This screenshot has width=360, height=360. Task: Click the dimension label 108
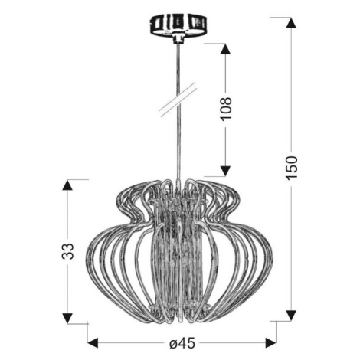coord(226,108)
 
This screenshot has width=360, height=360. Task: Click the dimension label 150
coord(292,168)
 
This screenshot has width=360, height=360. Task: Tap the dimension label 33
coord(67,251)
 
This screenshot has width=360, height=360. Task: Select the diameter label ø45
coord(182,343)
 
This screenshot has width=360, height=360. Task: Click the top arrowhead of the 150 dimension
coord(291,22)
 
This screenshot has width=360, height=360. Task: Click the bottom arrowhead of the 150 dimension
coord(291,316)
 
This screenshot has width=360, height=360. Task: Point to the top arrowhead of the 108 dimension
coord(225,48)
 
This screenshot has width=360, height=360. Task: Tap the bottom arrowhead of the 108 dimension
coord(225,171)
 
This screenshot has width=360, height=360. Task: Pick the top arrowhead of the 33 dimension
coord(67,185)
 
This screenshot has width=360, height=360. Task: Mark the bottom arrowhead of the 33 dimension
coord(67,319)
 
